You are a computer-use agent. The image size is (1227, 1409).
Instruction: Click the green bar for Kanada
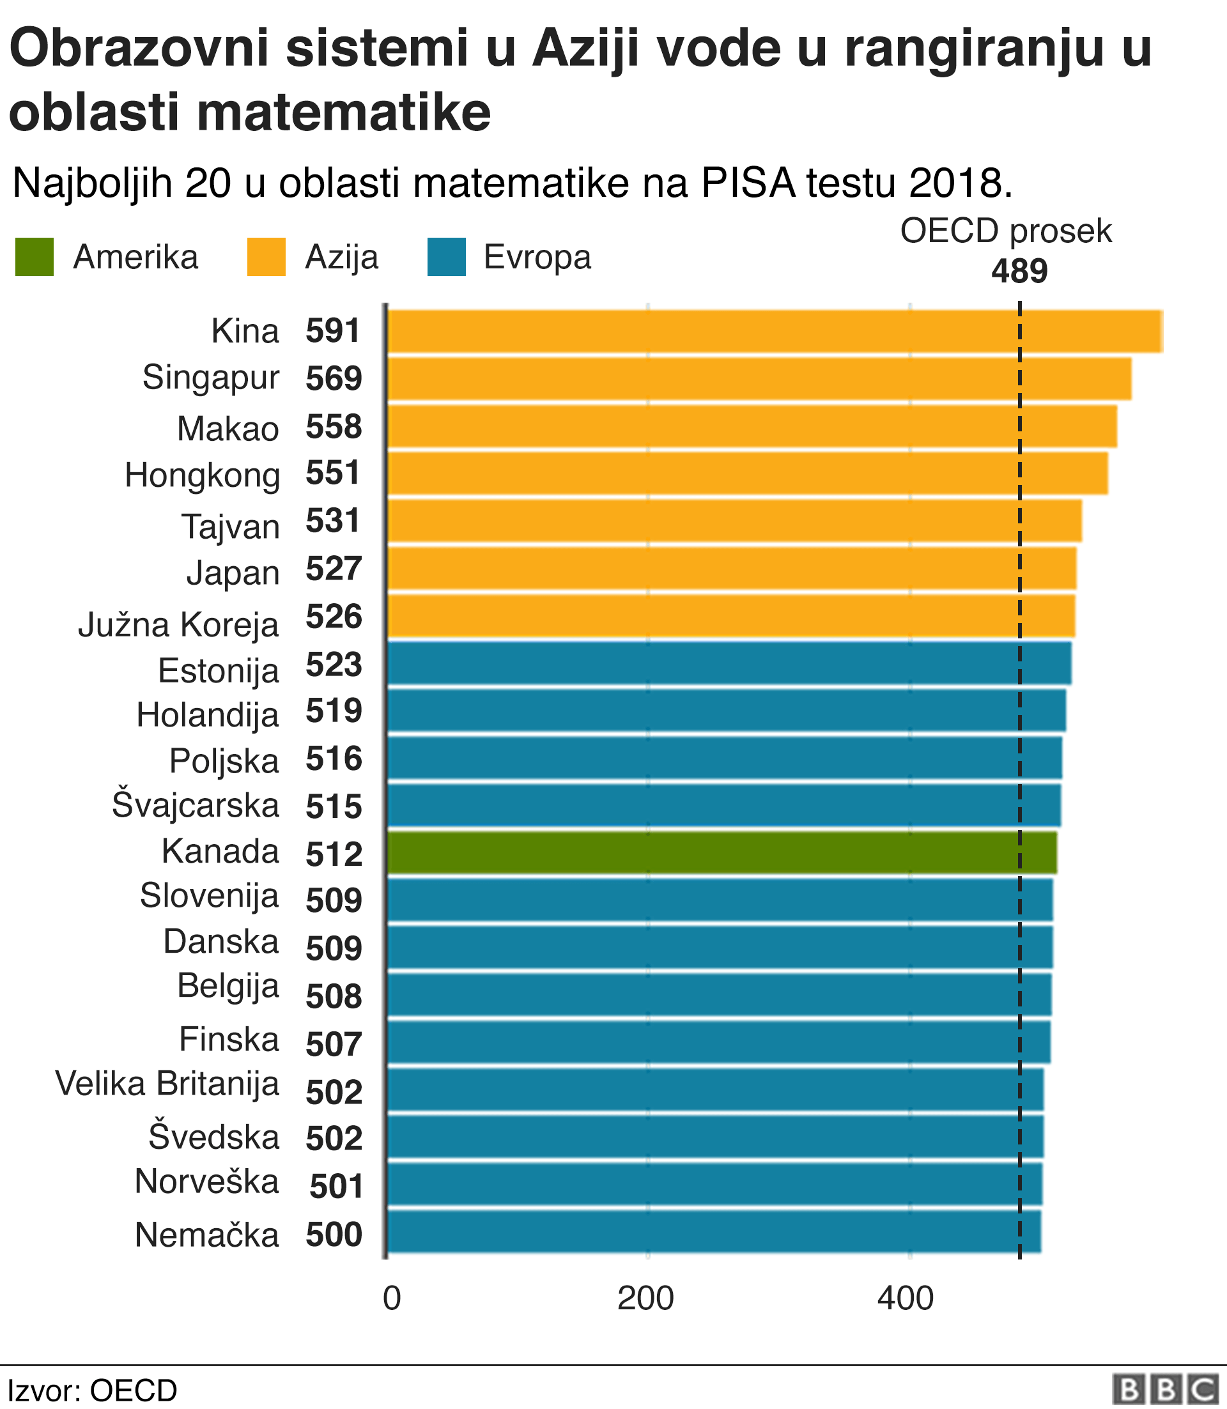722,852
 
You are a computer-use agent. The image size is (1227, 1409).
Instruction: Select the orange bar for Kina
774,332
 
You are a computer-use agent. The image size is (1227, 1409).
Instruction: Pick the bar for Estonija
729,663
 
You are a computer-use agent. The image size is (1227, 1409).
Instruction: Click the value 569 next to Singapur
334,378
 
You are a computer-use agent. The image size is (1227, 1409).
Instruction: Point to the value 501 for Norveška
336,1187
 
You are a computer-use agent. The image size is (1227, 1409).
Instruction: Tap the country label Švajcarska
196,805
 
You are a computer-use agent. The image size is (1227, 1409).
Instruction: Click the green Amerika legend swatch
35,258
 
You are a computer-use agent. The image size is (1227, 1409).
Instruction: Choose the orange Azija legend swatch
266,258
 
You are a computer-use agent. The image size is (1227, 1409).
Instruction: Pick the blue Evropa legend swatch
447,258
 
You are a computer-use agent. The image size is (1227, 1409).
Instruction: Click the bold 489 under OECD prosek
1019,272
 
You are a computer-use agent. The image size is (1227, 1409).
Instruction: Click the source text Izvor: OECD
92,1390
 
